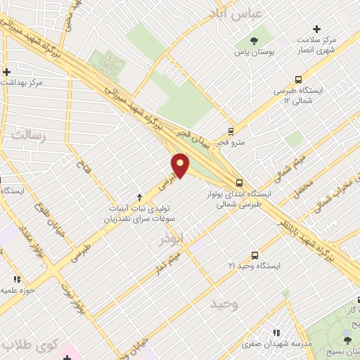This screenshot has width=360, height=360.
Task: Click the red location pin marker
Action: coord(181,165)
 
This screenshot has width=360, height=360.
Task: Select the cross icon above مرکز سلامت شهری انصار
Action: coord(316,29)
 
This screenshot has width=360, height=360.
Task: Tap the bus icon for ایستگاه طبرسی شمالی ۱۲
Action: coord(299,79)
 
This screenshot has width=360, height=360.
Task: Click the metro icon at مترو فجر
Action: coord(231,131)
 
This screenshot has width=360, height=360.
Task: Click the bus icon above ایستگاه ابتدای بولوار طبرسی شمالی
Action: coord(240,181)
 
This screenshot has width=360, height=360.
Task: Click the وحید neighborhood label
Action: coord(225,304)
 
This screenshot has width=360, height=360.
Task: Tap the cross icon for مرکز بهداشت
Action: coord(6,72)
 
